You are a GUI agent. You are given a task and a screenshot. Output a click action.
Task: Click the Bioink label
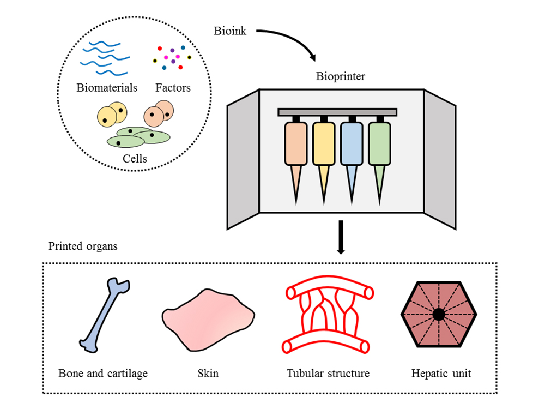coord(230,31)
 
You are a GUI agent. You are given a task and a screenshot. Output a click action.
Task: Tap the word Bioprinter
coord(341,76)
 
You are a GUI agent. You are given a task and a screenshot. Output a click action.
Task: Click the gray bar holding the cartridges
coord(337,112)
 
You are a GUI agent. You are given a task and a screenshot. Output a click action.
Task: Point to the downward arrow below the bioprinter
coord(341,237)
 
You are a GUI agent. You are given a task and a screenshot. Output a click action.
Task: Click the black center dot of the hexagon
coord(438,315)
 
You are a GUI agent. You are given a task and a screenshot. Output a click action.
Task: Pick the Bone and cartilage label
coord(103,374)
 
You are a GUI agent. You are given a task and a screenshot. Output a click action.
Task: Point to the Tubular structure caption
coord(328,374)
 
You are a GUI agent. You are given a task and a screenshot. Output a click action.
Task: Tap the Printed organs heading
coord(82,246)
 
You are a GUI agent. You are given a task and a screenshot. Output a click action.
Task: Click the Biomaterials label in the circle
coord(107,87)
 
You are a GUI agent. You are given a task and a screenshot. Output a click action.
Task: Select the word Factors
coord(173,87)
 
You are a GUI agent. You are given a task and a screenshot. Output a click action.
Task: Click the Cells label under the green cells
coord(135,159)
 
